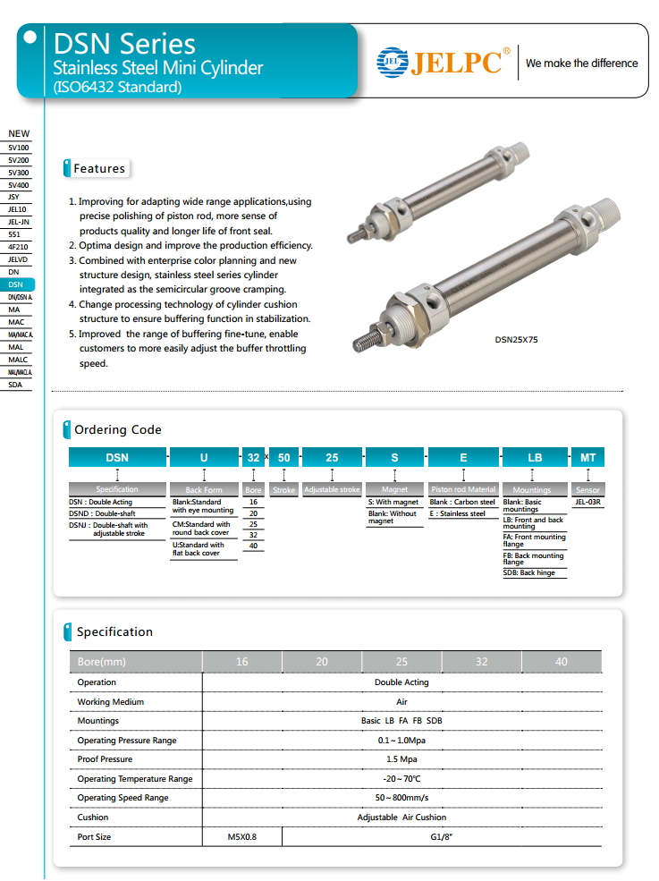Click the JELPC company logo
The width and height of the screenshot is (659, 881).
[444, 63]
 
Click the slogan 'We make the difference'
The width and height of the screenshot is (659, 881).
[581, 64]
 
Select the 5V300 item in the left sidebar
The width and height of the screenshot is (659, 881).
[19, 173]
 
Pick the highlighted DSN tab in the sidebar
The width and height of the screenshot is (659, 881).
[16, 284]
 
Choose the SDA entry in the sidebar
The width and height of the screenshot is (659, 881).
[16, 385]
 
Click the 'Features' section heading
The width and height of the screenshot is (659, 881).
[98, 168]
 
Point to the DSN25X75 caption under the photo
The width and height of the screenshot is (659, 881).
[517, 340]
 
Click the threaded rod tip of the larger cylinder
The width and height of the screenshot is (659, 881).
[365, 340]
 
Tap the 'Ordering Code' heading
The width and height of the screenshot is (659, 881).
[117, 430]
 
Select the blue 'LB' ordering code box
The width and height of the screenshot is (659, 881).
[535, 457]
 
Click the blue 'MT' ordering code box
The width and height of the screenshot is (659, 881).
[587, 457]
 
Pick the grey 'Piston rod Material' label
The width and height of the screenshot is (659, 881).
[463, 490]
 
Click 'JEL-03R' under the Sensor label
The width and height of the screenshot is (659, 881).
[587, 503]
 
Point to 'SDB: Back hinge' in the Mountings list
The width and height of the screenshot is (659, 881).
[529, 572]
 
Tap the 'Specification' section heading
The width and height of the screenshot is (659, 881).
[114, 631]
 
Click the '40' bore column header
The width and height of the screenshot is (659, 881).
[561, 662]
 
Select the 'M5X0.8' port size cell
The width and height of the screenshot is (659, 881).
[241, 837]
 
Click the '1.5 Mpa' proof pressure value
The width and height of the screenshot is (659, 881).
[401, 759]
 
